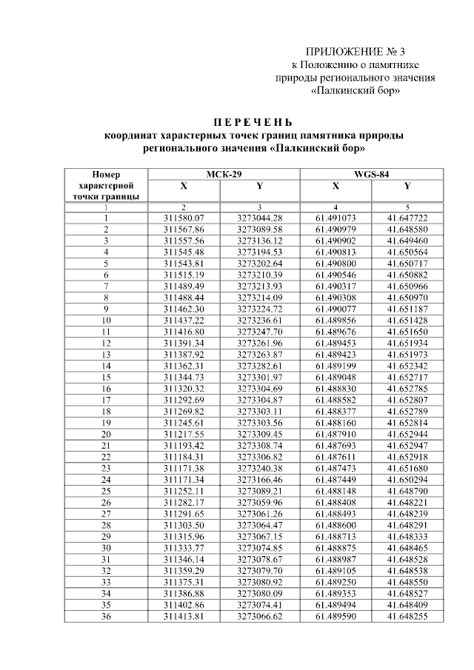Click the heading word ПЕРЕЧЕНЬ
[254, 122]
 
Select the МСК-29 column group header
[224, 175]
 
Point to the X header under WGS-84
[336, 186]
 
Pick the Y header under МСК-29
[259, 186]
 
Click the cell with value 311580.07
[184, 218]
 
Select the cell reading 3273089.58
[259, 230]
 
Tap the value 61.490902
[336, 241]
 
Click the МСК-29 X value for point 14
[184, 366]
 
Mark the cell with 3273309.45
[259, 433]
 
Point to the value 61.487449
[336, 478]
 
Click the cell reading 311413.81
[184, 614]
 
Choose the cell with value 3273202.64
[259, 264]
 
